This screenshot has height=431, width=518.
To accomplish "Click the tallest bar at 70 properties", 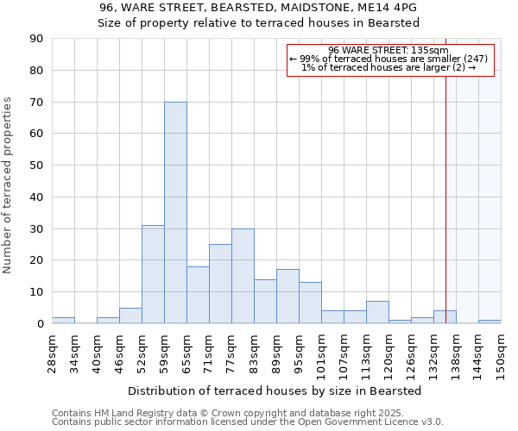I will pos(175,212).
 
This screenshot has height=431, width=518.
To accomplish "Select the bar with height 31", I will pos(153,274).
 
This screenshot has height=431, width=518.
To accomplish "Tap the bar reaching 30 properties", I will pos(243,276).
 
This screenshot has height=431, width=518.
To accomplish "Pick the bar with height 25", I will pos(220,284).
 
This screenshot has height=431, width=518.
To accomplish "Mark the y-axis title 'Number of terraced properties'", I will pos(8,185).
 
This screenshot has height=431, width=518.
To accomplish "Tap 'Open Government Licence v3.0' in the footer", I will pos(373,422).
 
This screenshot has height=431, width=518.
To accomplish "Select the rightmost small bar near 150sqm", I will pos(490,322).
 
